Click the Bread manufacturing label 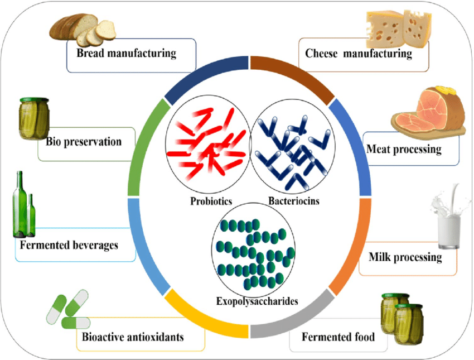click(127, 54)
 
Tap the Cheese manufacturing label click(359, 54)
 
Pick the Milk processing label click(405, 257)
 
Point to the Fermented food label click(338, 337)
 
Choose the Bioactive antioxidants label click(133, 337)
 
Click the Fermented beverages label click(69, 245)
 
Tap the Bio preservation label click(84, 142)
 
